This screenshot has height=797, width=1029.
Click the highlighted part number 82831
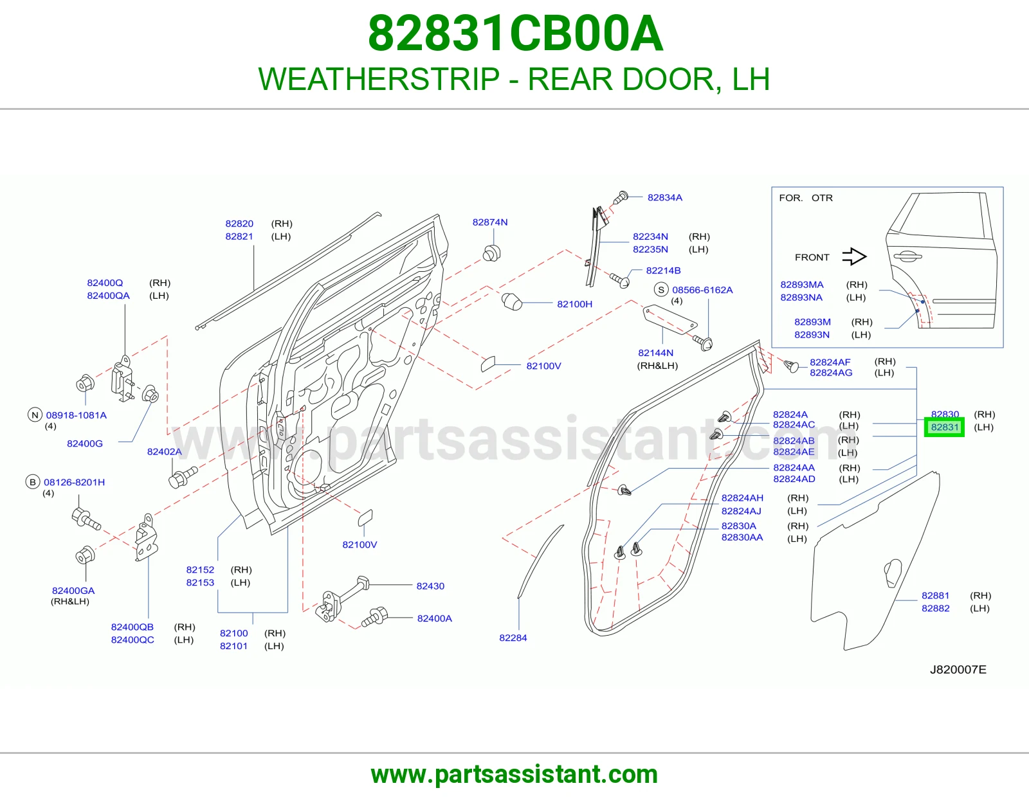944,427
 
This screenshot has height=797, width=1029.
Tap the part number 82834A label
665,197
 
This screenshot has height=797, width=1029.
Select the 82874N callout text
489,222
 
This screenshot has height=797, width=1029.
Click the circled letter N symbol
35,415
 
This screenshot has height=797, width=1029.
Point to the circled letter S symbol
661,290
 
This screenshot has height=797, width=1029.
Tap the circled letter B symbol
32,482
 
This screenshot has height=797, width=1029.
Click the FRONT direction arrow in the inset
854,257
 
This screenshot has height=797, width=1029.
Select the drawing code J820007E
958,669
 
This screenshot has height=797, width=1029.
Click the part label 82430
430,586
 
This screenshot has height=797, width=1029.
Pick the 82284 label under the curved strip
513,638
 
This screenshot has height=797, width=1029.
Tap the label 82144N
655,353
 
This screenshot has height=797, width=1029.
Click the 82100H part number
574,304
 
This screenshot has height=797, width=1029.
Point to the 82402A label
164,451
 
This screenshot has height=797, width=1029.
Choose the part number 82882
935,608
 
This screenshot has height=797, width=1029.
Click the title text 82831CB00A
515,33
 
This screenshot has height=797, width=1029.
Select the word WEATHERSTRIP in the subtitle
379,79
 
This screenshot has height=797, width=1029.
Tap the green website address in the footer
514,775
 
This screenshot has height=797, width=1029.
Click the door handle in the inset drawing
907,256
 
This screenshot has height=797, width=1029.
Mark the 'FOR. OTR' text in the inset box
805,198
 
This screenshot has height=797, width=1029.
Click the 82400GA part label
73,591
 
